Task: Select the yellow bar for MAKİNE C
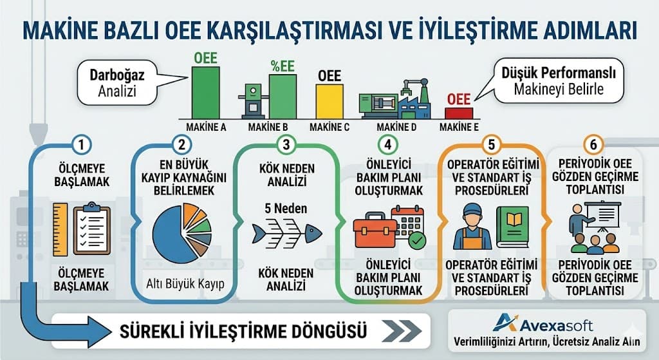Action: pos(329,100)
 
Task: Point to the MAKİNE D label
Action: pos(396,128)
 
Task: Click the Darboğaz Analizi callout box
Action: pos(117,83)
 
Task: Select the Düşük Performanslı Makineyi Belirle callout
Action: pos(558,81)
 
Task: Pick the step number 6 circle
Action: pos(593,145)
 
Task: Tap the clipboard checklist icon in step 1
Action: pos(91,228)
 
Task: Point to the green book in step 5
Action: pos(512,226)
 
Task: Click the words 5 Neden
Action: pos(286,209)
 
